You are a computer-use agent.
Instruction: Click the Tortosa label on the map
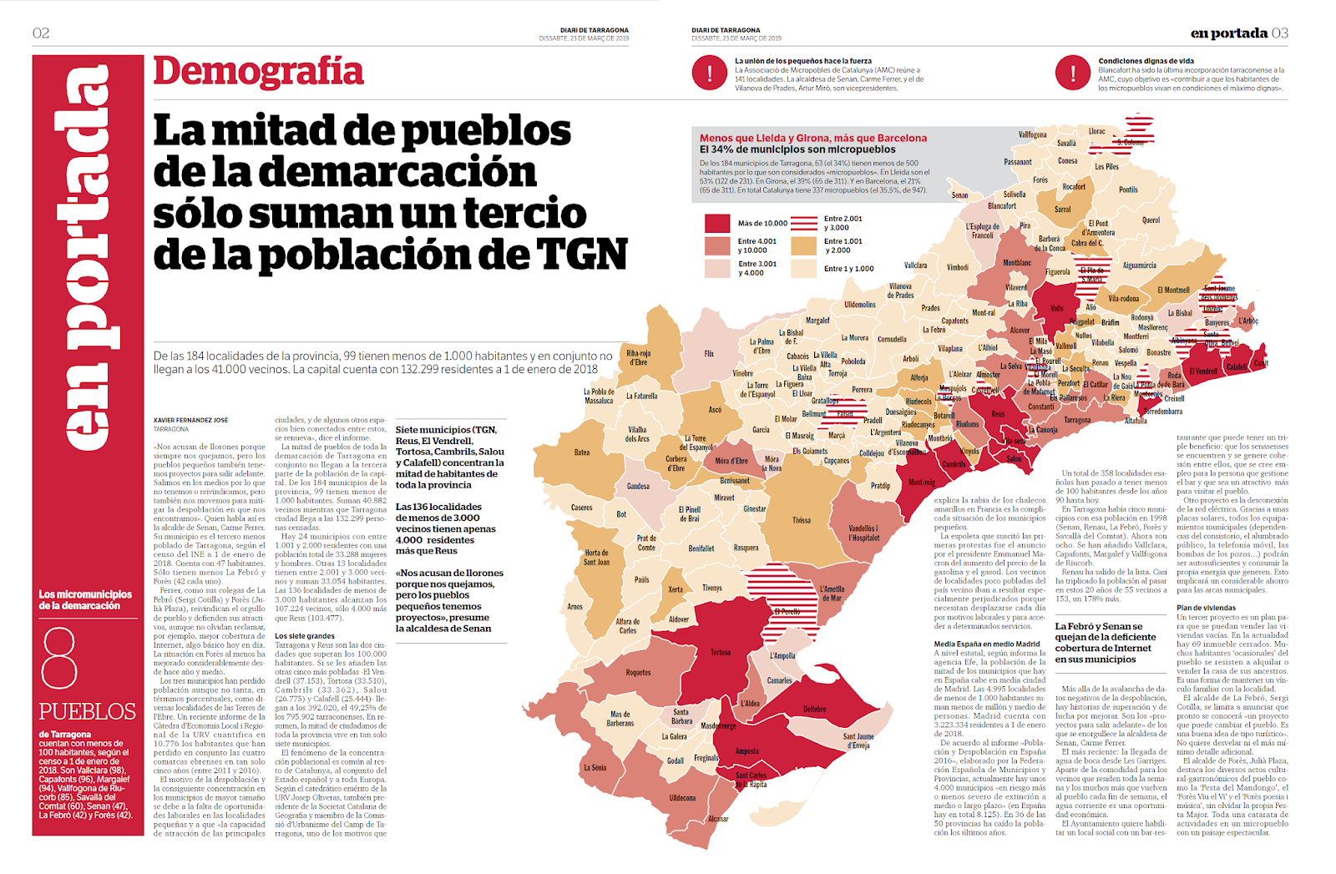click(721, 653)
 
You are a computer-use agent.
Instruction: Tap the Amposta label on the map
click(746, 751)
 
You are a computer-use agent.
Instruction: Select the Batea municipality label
click(582, 452)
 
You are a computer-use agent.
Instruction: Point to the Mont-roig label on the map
click(922, 482)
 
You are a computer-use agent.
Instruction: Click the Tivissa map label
click(802, 520)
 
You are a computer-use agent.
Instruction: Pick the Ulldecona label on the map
click(682, 798)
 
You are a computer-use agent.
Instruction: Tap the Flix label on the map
click(709, 354)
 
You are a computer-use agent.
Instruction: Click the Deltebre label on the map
click(814, 710)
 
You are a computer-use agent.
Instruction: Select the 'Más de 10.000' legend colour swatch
click(717, 223)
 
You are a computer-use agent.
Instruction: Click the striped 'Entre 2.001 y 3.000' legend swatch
click(803, 223)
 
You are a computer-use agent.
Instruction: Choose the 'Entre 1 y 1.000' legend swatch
click(803, 268)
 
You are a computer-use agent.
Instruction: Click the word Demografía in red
click(258, 72)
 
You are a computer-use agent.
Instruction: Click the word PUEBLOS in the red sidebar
click(87, 712)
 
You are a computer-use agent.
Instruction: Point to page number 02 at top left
click(41, 33)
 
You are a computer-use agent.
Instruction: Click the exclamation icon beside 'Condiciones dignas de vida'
click(1072, 73)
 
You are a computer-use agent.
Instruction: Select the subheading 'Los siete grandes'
click(305, 636)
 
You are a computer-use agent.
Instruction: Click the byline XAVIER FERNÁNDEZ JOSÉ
click(190, 420)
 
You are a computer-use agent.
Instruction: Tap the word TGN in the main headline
click(581, 255)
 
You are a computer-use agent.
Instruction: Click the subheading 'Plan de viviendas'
click(1206, 608)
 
